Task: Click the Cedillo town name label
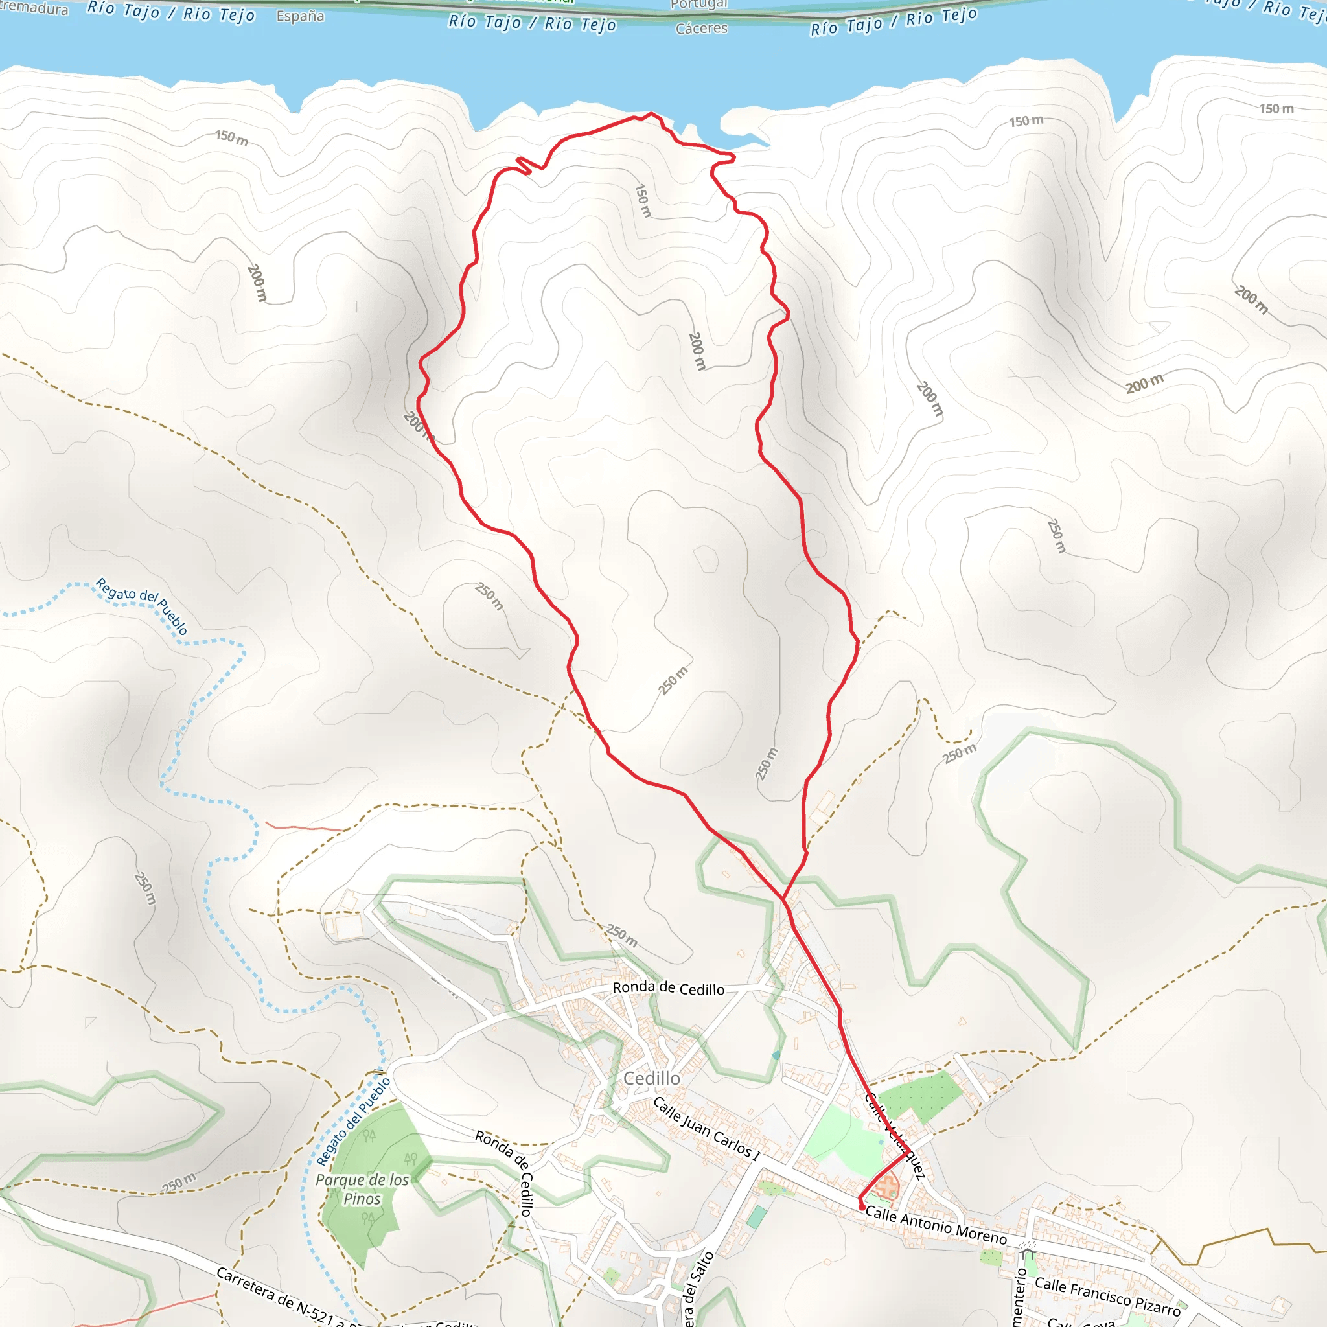[x=651, y=1078]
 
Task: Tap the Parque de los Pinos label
[x=362, y=1189]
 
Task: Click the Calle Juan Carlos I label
[x=706, y=1129]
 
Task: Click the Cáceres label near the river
[x=701, y=28]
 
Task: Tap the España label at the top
[x=300, y=16]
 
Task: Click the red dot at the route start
[x=862, y=1206]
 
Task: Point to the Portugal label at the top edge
[x=698, y=5]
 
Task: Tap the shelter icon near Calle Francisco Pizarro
[x=1027, y=1254]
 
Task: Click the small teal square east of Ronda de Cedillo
[x=776, y=1055]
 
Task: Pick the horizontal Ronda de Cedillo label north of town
[x=668, y=987]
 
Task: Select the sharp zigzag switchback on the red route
[x=524, y=165]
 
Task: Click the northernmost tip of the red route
[x=651, y=113]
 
